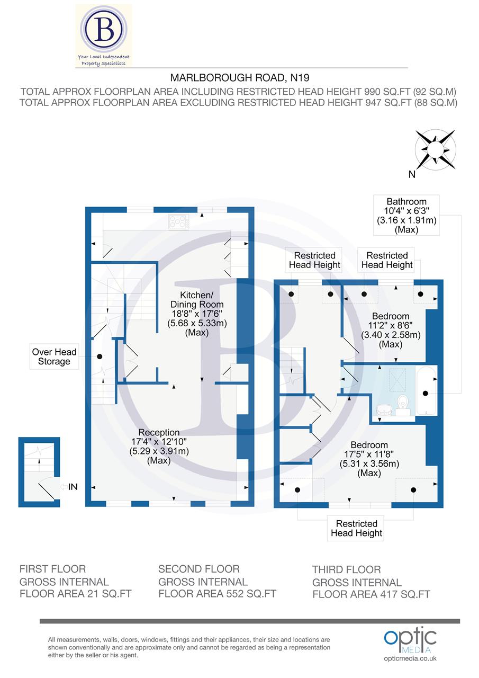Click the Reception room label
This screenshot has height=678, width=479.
[x=159, y=447]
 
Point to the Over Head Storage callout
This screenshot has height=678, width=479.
[x=54, y=356]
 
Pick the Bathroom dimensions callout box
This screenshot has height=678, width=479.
[x=406, y=216]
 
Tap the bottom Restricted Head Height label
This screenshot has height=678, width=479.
[x=356, y=528]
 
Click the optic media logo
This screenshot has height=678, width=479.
[x=410, y=641]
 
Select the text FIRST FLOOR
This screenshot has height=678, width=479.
[x=52, y=569]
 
